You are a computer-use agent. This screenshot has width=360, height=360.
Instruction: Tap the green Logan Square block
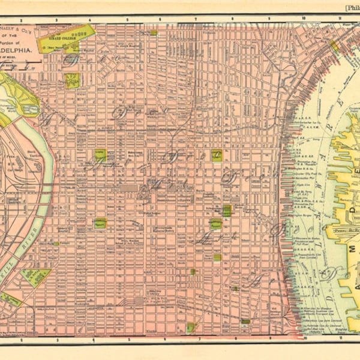pos(100,155)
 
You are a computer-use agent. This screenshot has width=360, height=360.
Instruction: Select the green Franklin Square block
pos(217,155)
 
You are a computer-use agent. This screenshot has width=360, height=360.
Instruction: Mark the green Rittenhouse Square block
pos(100,223)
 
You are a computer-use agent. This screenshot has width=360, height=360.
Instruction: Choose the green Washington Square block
pos(215,224)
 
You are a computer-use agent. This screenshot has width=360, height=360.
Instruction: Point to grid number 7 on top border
pos(196,19)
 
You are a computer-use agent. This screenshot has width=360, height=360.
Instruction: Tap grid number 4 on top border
pos(91,19)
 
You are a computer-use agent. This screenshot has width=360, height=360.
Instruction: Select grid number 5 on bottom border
pos(128,340)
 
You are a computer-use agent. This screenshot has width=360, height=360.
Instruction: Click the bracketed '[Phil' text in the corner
pos(351,8)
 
